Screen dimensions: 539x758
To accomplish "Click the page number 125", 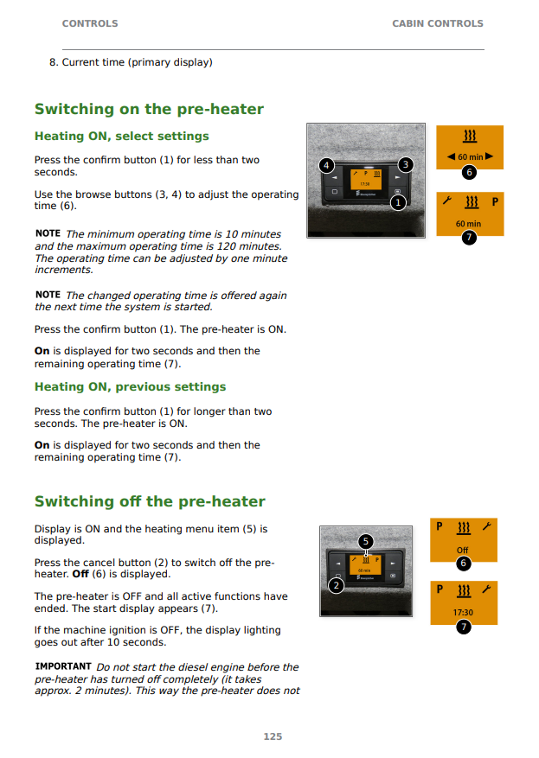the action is click(x=273, y=736).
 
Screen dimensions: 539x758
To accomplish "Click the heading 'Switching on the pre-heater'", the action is click(x=149, y=109).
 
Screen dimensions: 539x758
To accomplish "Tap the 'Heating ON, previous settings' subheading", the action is click(x=130, y=386).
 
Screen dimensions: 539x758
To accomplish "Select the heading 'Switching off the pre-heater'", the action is click(x=150, y=501).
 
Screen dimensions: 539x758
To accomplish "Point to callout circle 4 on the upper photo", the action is click(x=326, y=165).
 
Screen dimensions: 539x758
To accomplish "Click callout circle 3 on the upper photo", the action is click(x=406, y=165).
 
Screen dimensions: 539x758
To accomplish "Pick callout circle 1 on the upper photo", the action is click(x=398, y=202).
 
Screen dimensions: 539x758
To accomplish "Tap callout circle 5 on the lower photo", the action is click(x=366, y=541).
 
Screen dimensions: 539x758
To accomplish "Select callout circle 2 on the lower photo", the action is click(x=336, y=586).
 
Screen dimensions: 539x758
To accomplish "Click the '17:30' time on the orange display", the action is click(x=463, y=613).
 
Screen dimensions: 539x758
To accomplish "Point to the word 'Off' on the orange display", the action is click(x=463, y=550).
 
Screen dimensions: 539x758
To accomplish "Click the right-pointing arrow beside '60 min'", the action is click(x=489, y=156).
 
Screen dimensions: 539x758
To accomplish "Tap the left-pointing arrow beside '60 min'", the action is click(x=451, y=156).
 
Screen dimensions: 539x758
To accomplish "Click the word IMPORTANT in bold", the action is click(x=63, y=666).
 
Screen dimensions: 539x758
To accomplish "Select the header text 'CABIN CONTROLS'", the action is click(x=438, y=23).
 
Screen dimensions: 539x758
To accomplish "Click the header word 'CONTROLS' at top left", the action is click(x=90, y=23).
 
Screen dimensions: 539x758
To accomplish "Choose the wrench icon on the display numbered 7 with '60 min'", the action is click(x=447, y=201).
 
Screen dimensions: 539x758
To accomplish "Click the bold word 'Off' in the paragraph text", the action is click(x=80, y=574).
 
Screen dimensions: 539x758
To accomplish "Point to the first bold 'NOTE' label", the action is click(x=48, y=233).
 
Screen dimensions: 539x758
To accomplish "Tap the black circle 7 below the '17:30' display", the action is click(x=464, y=627).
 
